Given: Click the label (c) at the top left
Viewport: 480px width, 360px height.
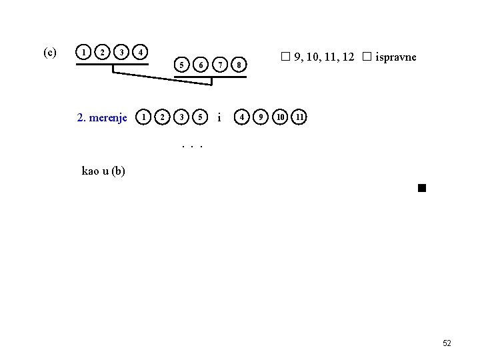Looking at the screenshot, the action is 49,52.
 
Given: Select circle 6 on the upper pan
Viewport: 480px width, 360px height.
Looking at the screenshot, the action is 199,65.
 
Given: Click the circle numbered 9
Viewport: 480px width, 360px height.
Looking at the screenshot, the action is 262,117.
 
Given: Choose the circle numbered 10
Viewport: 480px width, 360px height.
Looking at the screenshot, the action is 281,117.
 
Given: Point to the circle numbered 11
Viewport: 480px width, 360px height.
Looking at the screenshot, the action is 301,117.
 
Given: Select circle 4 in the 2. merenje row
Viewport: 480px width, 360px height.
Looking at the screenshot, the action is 243,117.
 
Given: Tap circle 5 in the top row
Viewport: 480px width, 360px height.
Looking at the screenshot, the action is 180,65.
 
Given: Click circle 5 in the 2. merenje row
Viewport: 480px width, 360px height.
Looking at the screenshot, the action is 199,117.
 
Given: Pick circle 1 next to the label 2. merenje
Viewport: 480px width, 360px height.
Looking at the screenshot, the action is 143,117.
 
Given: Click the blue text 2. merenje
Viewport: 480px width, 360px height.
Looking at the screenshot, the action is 102,118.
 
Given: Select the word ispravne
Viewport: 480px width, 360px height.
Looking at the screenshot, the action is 396,57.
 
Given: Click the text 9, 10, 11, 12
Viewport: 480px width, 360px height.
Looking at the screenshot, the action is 323,57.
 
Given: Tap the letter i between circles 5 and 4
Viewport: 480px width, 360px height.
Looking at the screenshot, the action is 220,118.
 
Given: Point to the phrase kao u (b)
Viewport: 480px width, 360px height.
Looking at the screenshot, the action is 103,171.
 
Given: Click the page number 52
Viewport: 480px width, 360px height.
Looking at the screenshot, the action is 447,343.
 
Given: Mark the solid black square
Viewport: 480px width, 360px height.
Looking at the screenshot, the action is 421,188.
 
